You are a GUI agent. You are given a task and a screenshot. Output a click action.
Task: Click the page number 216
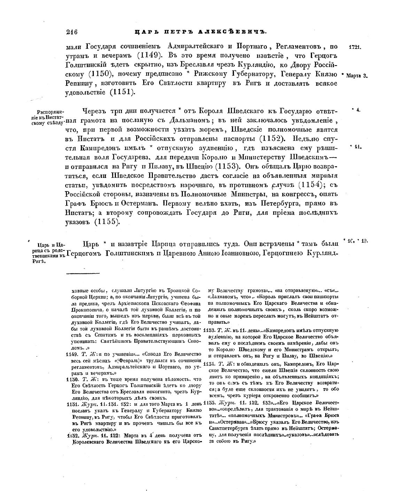pos(71,32)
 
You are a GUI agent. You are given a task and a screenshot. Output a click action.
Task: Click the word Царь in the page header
pos(143,32)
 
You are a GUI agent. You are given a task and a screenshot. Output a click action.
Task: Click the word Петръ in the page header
pos(172,32)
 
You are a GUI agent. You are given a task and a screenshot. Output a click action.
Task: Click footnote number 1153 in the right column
pos(209,330)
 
